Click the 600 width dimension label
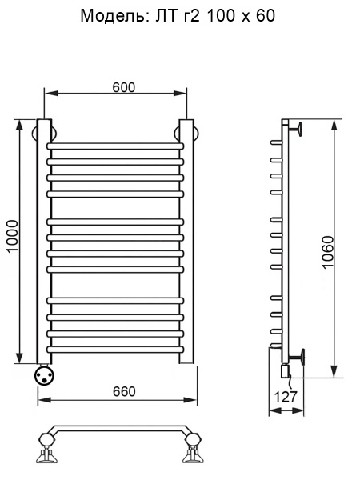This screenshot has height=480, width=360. coord(123,87)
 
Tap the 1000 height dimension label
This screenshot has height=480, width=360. coord(13,236)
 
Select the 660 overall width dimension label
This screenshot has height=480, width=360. coord(124,391)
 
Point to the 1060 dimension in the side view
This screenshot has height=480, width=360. coord(327,252)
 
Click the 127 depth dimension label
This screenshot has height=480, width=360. coord(286,397)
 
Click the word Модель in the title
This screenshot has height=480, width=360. coord(113,16)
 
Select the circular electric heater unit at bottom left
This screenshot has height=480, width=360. coord(44,376)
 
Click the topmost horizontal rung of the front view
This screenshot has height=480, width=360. coord(115,146)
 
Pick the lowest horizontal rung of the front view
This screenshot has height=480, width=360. coord(115,350)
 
